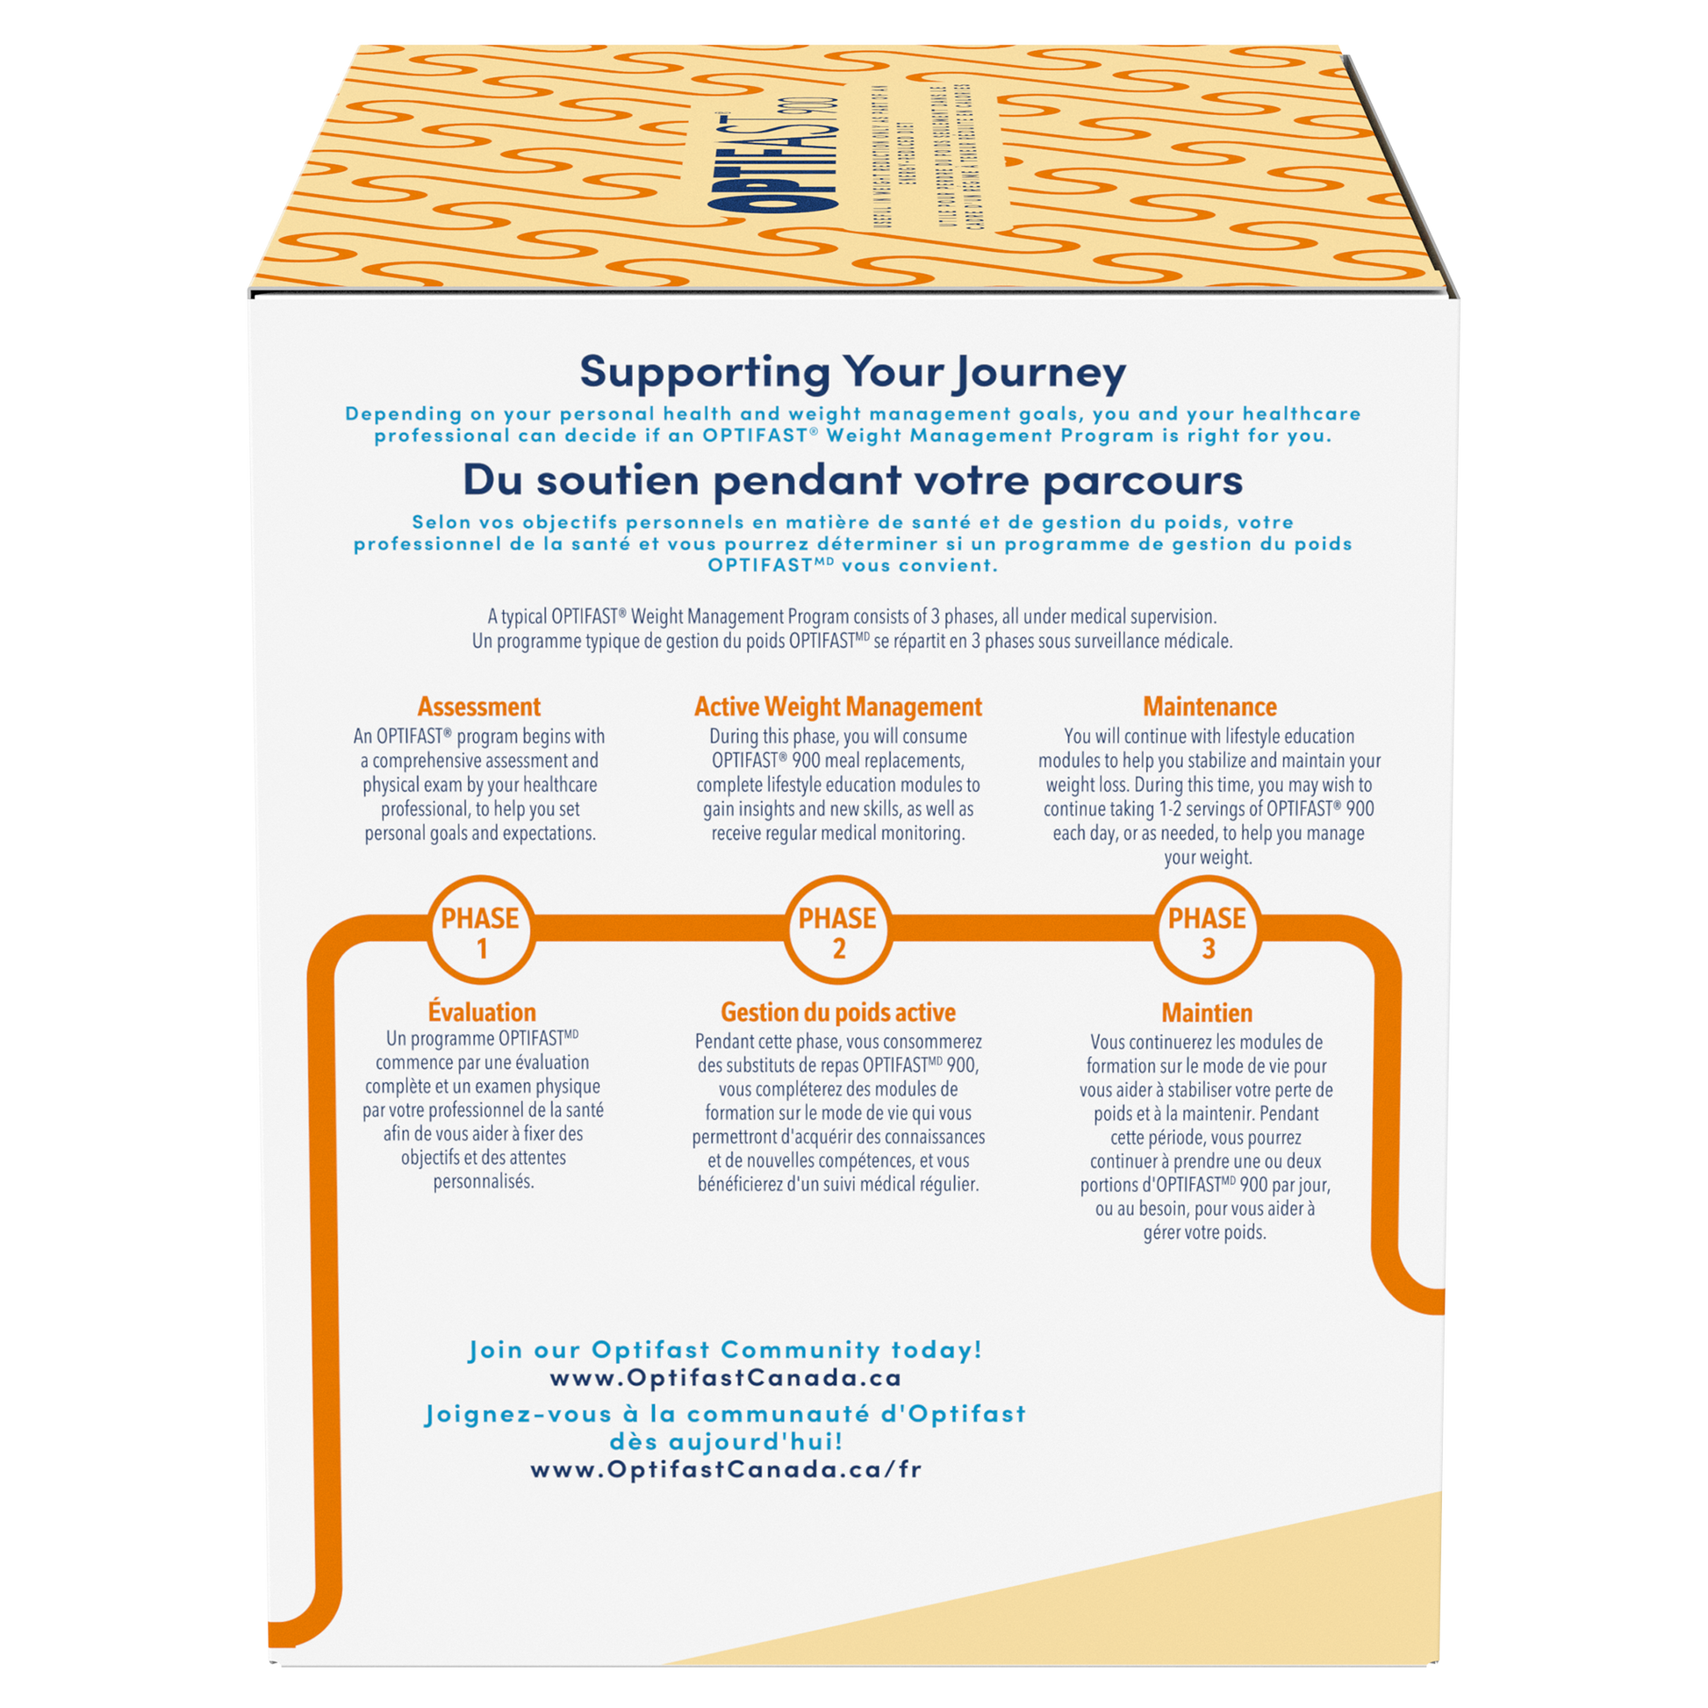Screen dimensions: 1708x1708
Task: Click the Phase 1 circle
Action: pyautogui.click(x=481, y=933)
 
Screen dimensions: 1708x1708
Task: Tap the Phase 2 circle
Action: pyautogui.click(x=837, y=933)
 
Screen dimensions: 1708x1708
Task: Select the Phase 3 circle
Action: pyautogui.click(x=1207, y=933)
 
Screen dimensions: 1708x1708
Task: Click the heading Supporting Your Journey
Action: pyautogui.click(x=852, y=372)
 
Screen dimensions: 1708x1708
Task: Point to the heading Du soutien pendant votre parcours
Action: pyautogui.click(x=852, y=480)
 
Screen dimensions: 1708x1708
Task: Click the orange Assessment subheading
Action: pyautogui.click(x=479, y=707)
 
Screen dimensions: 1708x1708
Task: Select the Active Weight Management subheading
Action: pyautogui.click(x=837, y=707)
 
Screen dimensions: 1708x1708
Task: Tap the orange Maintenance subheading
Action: pyautogui.click(x=1209, y=707)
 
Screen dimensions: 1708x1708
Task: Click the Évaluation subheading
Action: pyautogui.click(x=482, y=1012)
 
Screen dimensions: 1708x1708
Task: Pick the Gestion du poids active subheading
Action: pyautogui.click(x=837, y=1012)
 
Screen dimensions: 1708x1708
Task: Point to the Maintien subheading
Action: pyautogui.click(x=1207, y=1012)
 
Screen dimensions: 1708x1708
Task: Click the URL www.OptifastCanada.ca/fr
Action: pyautogui.click(x=726, y=1469)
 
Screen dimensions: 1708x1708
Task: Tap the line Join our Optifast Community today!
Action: pyautogui.click(x=725, y=1350)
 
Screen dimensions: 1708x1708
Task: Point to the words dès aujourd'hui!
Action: pyautogui.click(x=725, y=1441)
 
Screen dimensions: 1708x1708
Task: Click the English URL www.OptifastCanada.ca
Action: pyautogui.click(x=725, y=1377)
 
